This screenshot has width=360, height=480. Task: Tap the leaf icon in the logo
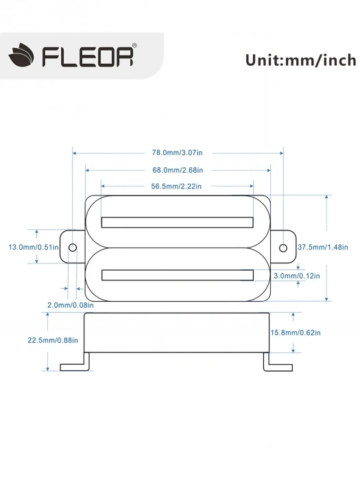point(23,56)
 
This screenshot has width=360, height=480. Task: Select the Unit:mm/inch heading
point(300,59)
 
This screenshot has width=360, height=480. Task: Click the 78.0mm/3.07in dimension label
point(178,153)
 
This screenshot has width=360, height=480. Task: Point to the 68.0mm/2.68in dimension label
point(178,169)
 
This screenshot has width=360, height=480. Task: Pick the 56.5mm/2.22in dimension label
point(178,186)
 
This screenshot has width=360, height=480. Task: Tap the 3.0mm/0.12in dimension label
point(296,275)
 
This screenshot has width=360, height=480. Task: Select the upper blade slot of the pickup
point(177,221)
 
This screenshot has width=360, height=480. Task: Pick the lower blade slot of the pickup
point(177,275)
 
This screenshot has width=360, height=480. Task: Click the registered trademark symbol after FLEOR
point(134,47)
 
